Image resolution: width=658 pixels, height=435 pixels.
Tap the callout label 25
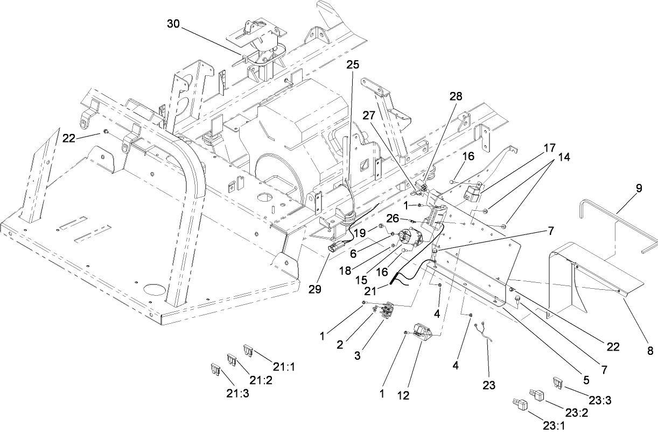(x=352, y=65)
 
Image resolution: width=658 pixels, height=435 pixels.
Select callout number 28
(x=457, y=96)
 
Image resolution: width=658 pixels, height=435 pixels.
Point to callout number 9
(x=639, y=189)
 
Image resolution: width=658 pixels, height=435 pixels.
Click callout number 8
(x=650, y=351)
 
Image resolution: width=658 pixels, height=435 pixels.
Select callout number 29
(x=315, y=289)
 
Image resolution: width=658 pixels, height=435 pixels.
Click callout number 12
(x=403, y=396)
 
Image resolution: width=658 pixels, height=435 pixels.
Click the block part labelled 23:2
(x=536, y=393)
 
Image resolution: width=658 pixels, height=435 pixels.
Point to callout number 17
(x=549, y=147)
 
